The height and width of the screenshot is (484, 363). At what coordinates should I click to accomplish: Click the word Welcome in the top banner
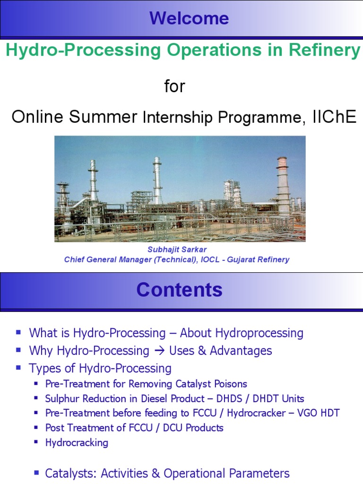coord(189,18)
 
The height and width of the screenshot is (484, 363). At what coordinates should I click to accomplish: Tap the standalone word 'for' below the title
coord(174,86)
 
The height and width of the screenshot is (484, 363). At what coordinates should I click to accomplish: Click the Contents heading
coord(179,290)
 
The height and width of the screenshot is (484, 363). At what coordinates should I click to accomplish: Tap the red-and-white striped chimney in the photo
coord(283,187)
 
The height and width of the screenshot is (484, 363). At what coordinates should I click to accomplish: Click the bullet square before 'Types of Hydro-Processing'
coord(18,367)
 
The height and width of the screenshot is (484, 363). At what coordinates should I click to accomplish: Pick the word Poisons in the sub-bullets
coord(230,384)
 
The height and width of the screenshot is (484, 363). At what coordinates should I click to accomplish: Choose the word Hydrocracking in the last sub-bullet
coord(77,442)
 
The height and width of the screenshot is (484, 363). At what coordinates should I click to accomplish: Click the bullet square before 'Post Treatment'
coord(36,428)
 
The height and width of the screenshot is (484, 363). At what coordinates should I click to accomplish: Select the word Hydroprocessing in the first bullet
coord(259,333)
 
